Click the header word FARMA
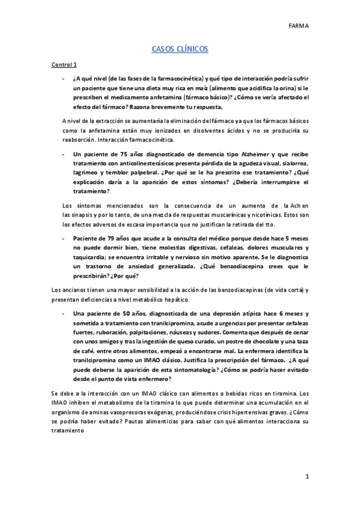(298, 26)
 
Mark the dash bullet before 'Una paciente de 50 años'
(64, 314)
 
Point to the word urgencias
(222, 323)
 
